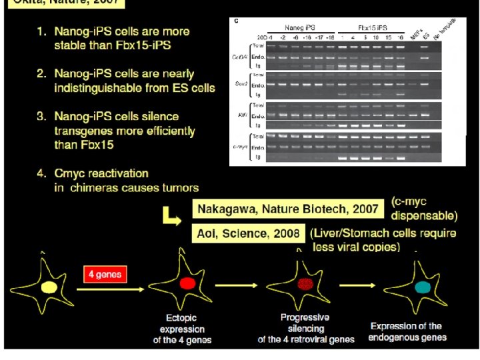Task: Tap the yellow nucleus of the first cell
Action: pos(48,287)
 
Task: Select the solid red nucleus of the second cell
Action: pos(187,283)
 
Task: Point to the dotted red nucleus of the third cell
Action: pos(305,284)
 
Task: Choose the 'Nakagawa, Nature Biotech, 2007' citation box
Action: pos(288,209)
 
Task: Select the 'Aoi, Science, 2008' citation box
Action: pos(250,233)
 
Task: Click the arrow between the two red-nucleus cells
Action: pos(245,287)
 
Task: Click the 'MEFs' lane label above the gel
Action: pos(415,33)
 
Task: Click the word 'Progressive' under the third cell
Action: pos(305,317)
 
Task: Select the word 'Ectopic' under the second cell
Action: pos(182,318)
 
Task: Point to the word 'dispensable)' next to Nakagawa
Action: pos(424,215)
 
